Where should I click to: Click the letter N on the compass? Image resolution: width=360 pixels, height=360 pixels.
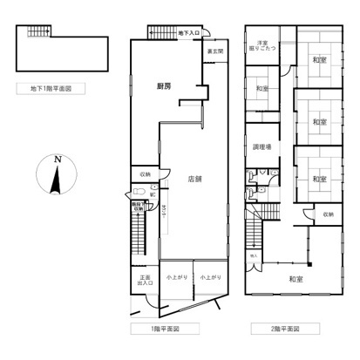coord(57,160)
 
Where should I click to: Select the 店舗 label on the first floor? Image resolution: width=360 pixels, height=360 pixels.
coord(195,179)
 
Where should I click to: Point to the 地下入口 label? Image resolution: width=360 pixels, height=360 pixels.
coord(187,33)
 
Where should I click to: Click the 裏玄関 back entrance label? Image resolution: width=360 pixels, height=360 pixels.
coord(214,51)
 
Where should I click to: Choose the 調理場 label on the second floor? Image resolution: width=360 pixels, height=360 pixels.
coord(262,147)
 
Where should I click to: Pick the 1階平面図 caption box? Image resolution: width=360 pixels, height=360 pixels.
coord(179,329)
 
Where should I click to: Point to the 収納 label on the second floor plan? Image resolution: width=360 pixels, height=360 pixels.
coord(327,214)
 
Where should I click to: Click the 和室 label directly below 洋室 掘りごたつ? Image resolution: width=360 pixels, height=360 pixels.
coord(262,89)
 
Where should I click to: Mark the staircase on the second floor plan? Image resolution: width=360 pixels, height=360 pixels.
coord(254,231)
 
